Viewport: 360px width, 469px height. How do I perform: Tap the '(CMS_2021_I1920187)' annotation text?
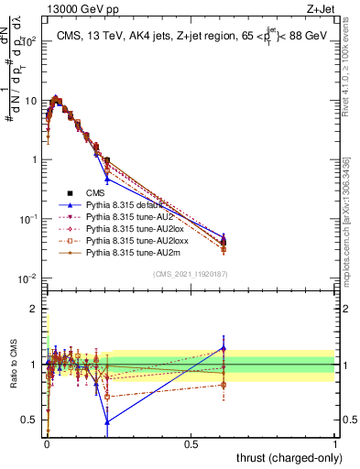pos(190,274)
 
